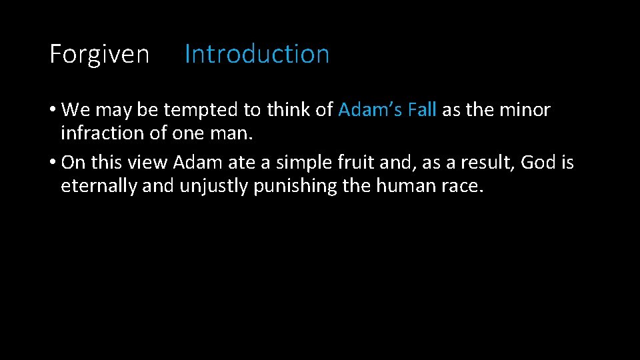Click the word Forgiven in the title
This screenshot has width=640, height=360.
point(99,54)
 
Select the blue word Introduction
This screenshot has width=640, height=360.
point(257,54)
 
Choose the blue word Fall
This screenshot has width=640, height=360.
point(421,110)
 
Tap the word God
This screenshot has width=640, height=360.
point(540,163)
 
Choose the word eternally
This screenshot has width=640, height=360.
point(99,186)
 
